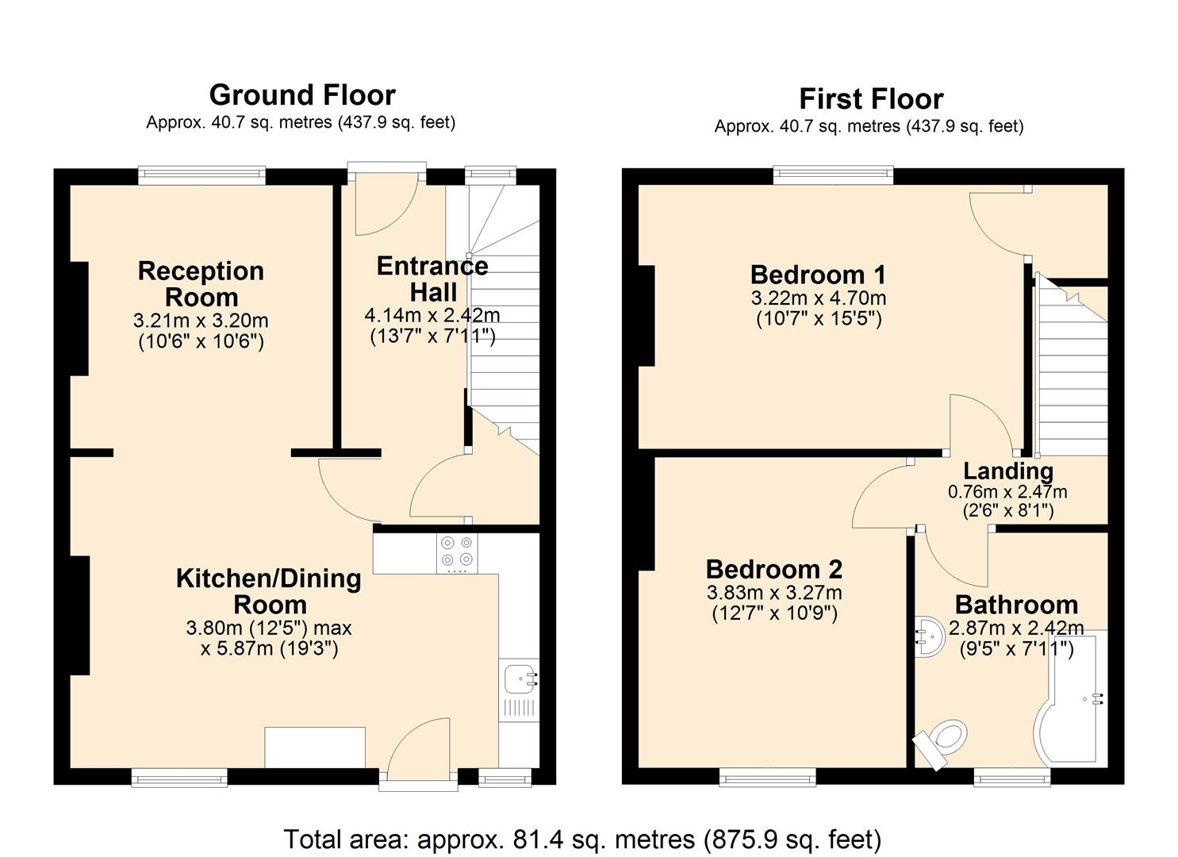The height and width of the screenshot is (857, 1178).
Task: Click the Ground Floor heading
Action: point(301,95)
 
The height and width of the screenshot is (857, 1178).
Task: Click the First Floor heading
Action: point(870,99)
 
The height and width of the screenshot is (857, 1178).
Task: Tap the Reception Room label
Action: point(201,283)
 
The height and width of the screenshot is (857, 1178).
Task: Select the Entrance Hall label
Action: point(432,279)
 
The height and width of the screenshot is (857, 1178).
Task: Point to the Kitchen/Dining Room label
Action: point(268,591)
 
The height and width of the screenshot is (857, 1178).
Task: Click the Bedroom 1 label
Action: point(818,275)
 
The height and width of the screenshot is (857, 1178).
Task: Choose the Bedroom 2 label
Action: point(773,569)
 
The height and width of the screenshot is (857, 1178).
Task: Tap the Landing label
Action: point(1007,471)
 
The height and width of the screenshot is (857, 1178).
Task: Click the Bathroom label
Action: point(1016,605)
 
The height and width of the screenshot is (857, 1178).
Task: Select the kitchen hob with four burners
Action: point(457,553)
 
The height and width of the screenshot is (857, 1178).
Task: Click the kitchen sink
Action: point(520,679)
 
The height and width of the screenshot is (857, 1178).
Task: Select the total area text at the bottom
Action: point(582,839)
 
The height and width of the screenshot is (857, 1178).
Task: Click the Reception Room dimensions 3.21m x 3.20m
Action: point(201,321)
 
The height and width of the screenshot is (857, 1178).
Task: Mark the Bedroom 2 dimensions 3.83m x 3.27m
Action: point(773,593)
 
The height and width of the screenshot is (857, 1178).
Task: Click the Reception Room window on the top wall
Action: point(201,175)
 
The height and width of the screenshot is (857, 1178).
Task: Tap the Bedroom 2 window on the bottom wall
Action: point(766,777)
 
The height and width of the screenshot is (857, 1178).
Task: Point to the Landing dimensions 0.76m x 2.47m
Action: point(1007,492)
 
